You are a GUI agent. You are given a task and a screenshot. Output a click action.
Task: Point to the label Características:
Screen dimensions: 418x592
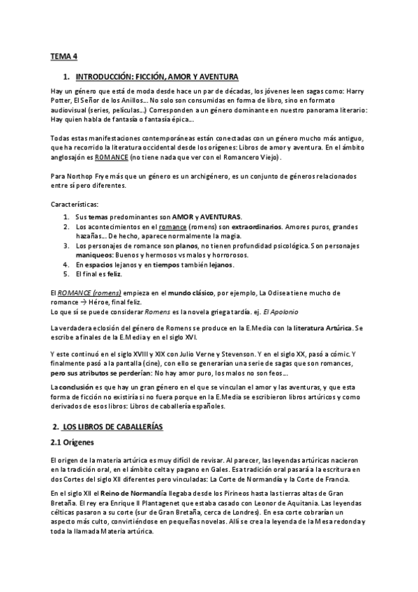pos(75,204)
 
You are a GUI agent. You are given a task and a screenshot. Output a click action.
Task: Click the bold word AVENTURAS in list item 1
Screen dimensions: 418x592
pos(218,217)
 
